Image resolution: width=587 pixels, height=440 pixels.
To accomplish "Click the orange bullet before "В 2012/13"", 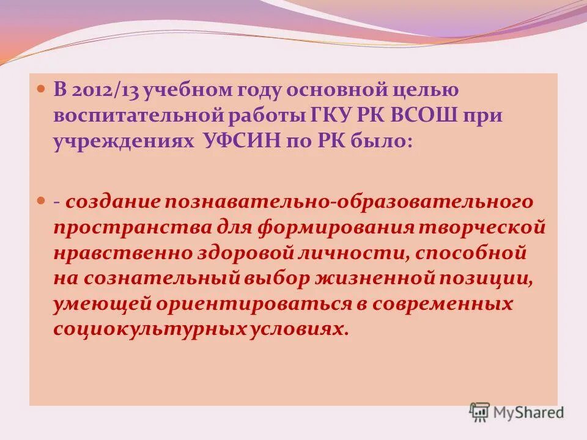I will pyautogui.click(x=42, y=89).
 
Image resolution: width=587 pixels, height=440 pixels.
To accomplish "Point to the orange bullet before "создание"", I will pyautogui.click(x=42, y=201).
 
